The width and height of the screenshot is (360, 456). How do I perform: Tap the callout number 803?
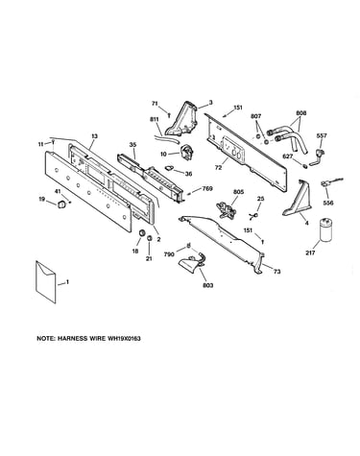[x=208, y=285]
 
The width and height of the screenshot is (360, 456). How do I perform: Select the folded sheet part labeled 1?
[x=46, y=281]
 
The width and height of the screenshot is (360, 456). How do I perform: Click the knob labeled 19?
[x=60, y=204]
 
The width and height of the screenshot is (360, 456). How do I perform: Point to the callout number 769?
[x=207, y=189]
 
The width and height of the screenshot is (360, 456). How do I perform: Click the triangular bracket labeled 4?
[x=298, y=201]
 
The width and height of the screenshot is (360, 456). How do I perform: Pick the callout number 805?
[x=238, y=192]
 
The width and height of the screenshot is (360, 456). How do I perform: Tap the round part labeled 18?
[x=141, y=233]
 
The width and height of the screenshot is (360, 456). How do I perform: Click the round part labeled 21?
[x=150, y=238]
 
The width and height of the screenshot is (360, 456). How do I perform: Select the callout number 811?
[x=155, y=119]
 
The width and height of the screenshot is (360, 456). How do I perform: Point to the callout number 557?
[x=322, y=135]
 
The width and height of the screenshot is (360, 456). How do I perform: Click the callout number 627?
[x=288, y=156]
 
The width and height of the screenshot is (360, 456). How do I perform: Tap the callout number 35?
[x=132, y=145]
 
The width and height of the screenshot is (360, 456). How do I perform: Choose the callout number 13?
[x=94, y=136]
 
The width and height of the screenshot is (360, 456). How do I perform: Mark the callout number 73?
[x=277, y=272]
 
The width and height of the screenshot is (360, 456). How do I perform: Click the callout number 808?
[x=301, y=113]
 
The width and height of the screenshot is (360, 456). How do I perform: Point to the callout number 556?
[x=328, y=203]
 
